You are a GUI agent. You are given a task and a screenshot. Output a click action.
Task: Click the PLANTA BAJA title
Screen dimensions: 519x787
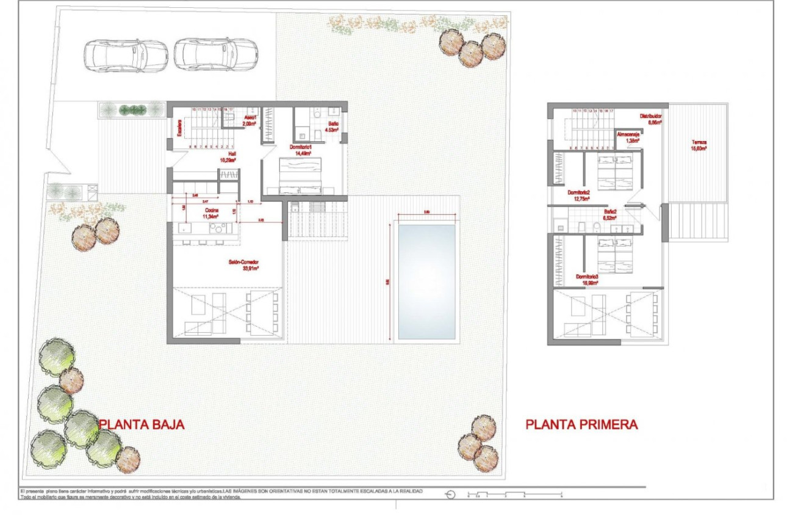point(142,424)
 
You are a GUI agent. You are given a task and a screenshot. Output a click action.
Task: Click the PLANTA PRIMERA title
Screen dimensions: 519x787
point(581,424)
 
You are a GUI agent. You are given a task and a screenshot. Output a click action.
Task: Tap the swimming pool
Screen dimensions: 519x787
point(426,281)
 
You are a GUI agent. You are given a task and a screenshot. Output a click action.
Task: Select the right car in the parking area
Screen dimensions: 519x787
point(215,55)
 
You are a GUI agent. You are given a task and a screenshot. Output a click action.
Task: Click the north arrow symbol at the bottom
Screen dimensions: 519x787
point(451,495)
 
